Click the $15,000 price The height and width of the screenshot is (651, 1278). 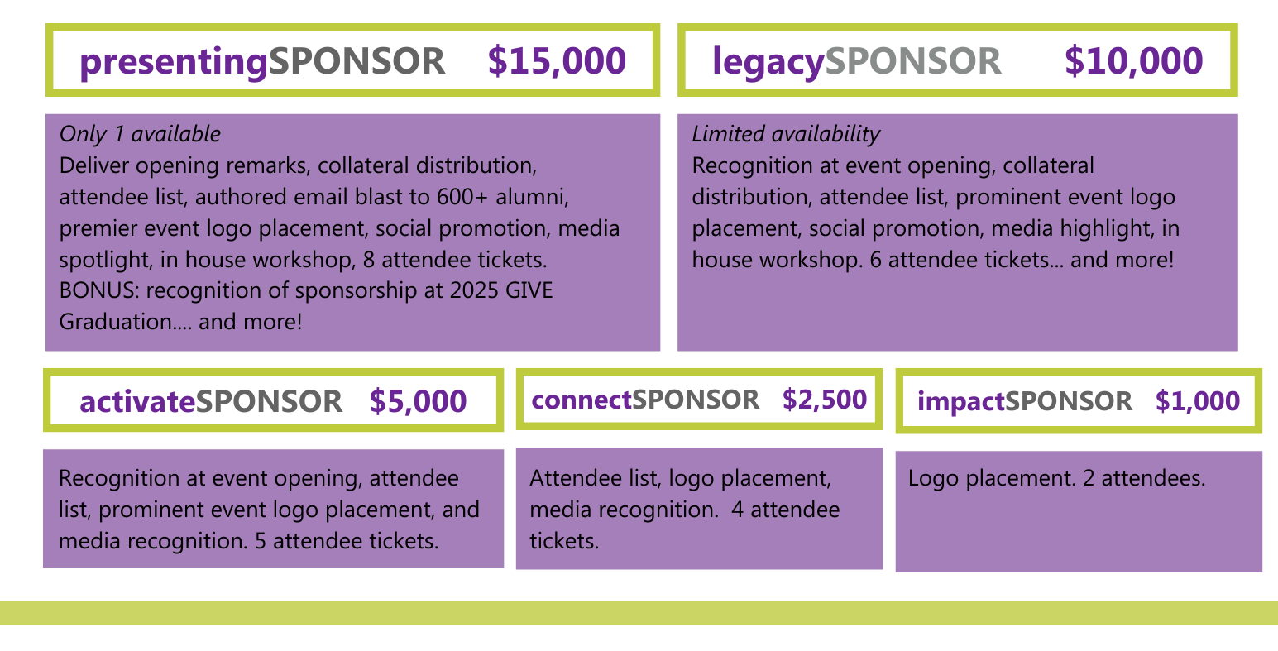tap(557, 61)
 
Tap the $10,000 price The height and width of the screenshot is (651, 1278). tap(1133, 61)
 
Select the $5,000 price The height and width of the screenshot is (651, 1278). tap(419, 401)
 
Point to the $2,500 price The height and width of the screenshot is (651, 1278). tap(825, 400)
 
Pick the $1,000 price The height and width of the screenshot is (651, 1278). tap(1198, 401)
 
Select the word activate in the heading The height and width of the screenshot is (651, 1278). tap(137, 401)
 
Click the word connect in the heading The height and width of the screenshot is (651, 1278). tap(582, 400)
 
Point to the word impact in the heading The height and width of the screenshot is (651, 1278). tap(961, 402)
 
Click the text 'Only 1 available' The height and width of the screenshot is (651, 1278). tap(140, 134)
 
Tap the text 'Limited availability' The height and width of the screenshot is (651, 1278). tap(786, 134)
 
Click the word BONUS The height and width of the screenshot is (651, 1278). tap(99, 290)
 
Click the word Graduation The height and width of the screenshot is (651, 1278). tap(115, 322)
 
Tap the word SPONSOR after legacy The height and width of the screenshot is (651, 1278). tap(913, 61)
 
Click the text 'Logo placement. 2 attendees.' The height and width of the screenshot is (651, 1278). tap(1056, 478)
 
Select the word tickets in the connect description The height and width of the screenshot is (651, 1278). tap(564, 541)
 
